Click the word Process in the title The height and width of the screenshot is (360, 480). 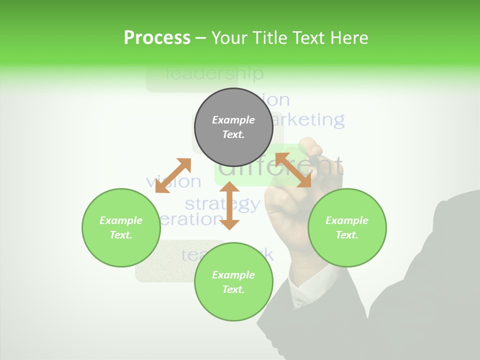157,38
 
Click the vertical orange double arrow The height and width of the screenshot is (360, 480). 229,205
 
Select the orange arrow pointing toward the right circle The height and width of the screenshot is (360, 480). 293,170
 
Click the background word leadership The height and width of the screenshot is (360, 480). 214,74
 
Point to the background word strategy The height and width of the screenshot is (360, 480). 222,204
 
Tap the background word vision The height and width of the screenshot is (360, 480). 173,182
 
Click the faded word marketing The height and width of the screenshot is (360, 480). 310,120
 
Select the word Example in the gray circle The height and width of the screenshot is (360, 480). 233,120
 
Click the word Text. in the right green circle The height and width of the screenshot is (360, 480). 346,235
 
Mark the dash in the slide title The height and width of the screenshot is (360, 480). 201,38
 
